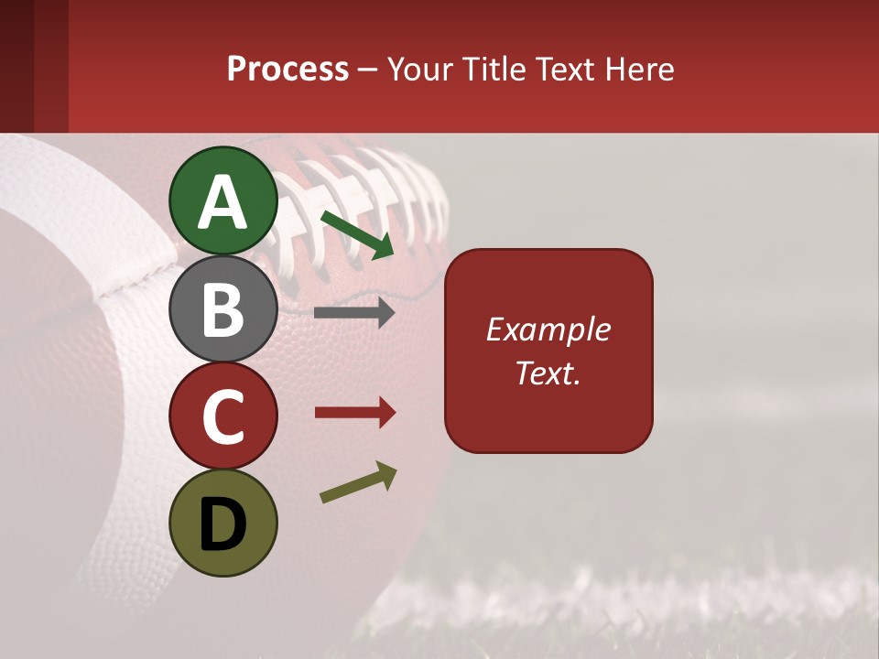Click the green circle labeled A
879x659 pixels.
click(x=223, y=200)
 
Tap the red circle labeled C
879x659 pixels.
click(x=223, y=416)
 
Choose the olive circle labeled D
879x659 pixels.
click(x=223, y=523)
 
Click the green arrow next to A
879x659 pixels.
click(x=357, y=234)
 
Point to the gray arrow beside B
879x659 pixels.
click(x=354, y=313)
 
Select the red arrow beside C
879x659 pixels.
click(x=354, y=413)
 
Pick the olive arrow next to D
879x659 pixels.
click(x=358, y=482)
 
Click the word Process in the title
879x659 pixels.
click(x=288, y=70)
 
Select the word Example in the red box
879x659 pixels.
click(x=548, y=329)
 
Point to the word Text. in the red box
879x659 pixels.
click(x=548, y=373)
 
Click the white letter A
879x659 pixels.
click(x=223, y=202)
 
